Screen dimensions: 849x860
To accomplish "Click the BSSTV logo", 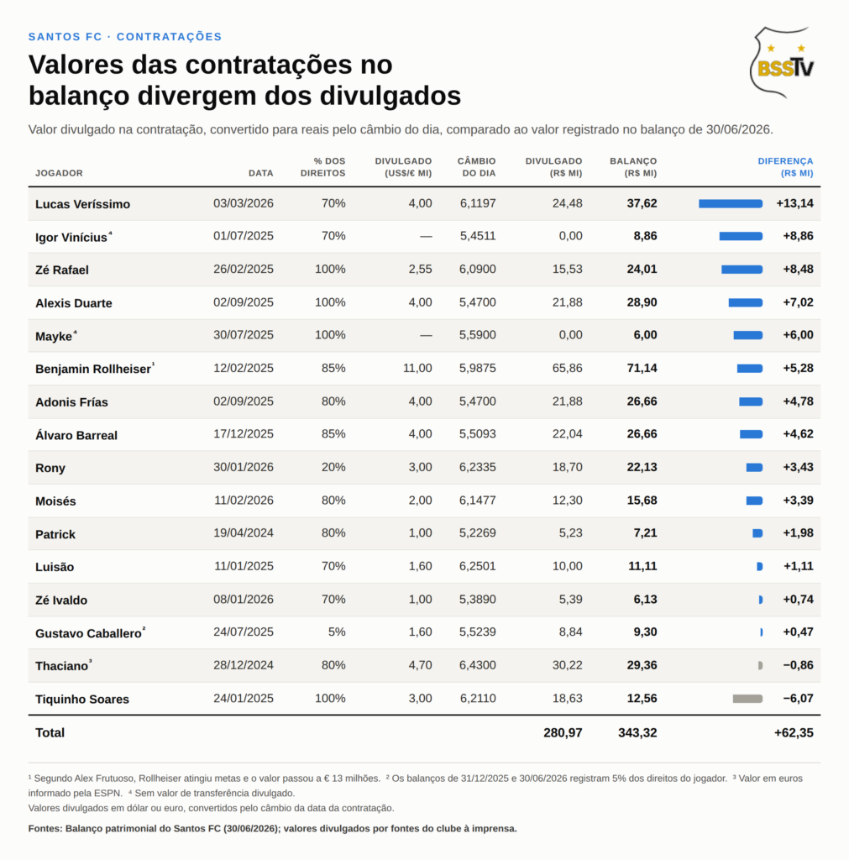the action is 782,62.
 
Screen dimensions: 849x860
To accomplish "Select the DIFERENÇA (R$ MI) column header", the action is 785,167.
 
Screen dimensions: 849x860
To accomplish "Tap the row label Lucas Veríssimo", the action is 83,204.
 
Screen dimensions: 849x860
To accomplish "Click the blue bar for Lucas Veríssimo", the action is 731,203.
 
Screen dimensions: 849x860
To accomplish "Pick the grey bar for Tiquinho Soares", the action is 747,699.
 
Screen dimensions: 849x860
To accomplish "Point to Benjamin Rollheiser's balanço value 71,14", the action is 642,368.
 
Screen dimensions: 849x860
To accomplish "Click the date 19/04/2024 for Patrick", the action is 244,532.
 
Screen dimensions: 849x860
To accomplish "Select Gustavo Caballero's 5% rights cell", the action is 337,632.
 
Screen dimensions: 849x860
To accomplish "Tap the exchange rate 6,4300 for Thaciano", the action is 477,665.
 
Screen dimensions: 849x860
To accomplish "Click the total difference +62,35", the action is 794,732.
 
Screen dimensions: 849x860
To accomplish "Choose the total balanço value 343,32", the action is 637,732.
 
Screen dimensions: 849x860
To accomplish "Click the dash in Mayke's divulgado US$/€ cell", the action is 426,336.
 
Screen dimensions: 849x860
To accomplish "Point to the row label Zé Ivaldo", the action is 61,600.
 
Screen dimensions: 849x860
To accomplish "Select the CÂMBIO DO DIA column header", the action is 477,167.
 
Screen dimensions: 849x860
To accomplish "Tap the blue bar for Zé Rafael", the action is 742,270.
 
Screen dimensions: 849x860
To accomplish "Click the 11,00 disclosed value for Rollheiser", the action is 417,368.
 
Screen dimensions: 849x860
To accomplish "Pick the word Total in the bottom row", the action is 50,732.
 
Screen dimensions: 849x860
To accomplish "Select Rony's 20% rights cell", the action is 333,467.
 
